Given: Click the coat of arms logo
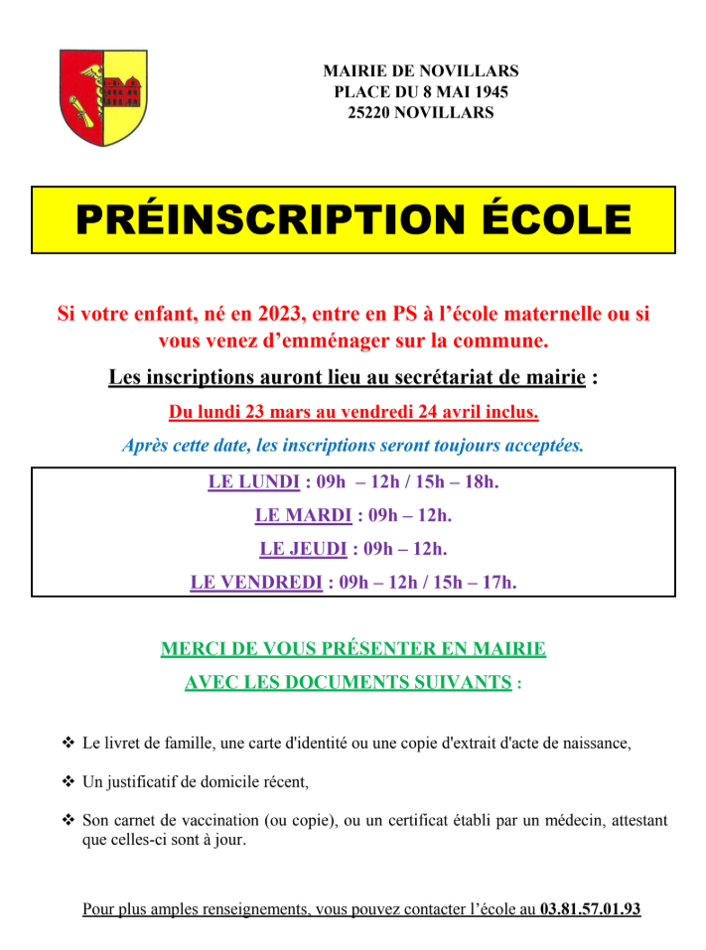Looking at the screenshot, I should tap(103, 97).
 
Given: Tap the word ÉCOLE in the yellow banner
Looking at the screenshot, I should tap(551, 219).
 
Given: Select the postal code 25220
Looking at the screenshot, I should tap(370, 113).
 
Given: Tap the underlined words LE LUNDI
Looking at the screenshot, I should tap(253, 482).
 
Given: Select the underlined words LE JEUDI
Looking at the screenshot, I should tap(303, 548).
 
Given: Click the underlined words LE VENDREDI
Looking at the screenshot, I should tap(256, 582).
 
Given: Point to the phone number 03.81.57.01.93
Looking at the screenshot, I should tap(590, 908).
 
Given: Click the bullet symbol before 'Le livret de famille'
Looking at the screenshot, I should tap(69, 743).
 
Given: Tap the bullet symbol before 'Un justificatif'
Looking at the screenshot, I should tap(69, 782).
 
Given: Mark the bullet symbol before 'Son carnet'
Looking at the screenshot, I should tap(69, 821).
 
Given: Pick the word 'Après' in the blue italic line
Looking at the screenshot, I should tap(146, 445).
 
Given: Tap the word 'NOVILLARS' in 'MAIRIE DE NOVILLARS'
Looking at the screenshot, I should tap(470, 71).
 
